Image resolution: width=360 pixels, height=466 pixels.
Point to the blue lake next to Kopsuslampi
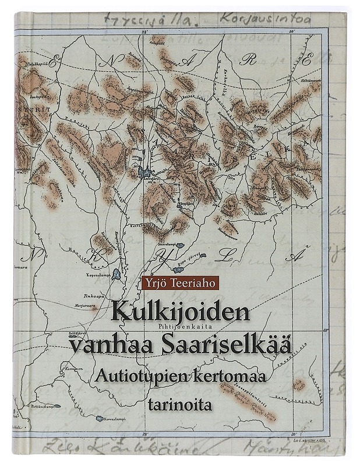point(117,273)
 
